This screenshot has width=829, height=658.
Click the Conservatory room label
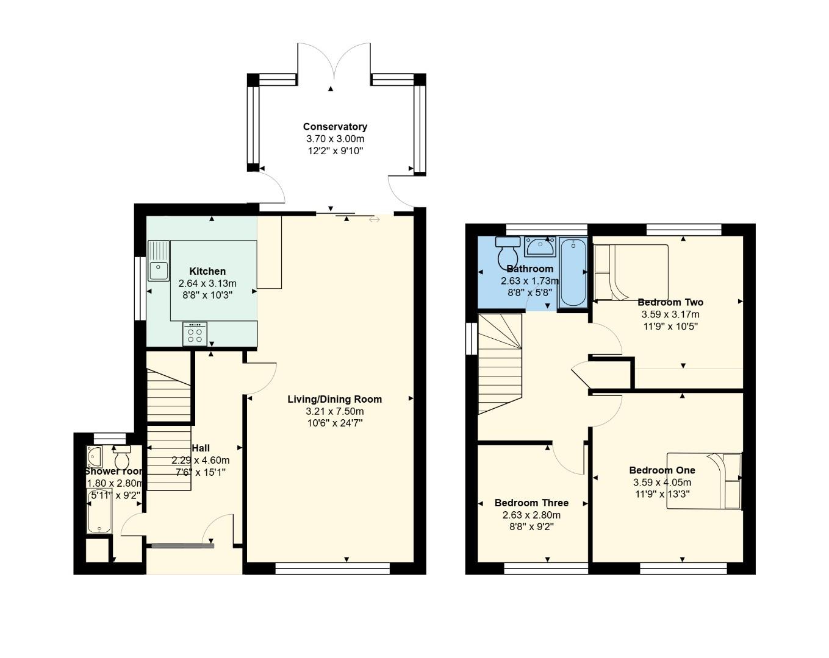pyautogui.click(x=335, y=127)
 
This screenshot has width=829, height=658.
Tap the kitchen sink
pyautogui.click(x=159, y=261)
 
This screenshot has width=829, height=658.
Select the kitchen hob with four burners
pyautogui.click(x=195, y=334)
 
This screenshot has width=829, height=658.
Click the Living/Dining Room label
pyautogui.click(x=335, y=399)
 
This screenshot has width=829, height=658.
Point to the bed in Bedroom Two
pyautogui.click(x=631, y=272)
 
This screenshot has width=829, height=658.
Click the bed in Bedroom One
pyautogui.click(x=704, y=481)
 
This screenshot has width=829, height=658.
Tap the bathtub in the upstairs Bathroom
pyautogui.click(x=573, y=272)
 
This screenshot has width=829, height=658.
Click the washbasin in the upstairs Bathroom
pyautogui.click(x=540, y=247)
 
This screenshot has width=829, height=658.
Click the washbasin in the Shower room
pyautogui.click(x=94, y=456)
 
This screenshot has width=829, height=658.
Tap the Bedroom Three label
pyautogui.click(x=531, y=503)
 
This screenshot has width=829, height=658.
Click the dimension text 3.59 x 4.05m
pyautogui.click(x=662, y=483)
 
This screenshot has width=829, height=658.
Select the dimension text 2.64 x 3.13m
pyautogui.click(x=207, y=283)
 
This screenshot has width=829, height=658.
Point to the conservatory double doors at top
pyautogui.click(x=334, y=61)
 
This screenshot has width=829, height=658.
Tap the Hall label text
pyautogui.click(x=201, y=448)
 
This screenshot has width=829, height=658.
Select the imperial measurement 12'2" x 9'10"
pyautogui.click(x=335, y=150)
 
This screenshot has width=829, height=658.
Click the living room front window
pyautogui.click(x=332, y=568)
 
